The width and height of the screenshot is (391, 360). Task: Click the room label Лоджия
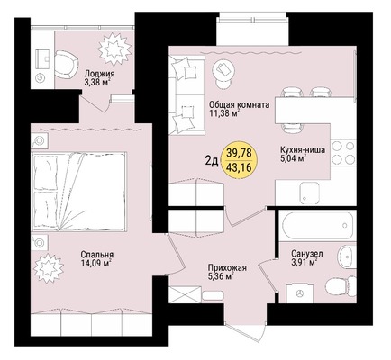click(99, 74)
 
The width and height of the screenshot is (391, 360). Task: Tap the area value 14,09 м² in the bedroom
click(96, 264)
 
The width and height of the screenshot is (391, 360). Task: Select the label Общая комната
click(239, 105)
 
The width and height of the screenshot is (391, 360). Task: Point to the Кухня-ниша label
click(303, 149)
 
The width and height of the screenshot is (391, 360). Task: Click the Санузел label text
click(307, 254)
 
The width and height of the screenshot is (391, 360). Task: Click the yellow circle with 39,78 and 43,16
click(239, 160)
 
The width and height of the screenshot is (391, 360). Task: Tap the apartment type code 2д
click(212, 161)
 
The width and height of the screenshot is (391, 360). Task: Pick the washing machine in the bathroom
click(300, 293)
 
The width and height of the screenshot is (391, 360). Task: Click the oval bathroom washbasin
click(348, 256)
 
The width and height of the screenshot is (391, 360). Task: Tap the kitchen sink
click(309, 193)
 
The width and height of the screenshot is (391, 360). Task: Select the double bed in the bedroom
click(78, 192)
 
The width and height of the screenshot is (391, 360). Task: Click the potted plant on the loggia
click(114, 49)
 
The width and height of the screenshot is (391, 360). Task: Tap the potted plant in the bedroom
click(48, 266)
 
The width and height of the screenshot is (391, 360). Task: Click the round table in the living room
click(223, 71)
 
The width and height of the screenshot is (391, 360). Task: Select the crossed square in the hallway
click(185, 293)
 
